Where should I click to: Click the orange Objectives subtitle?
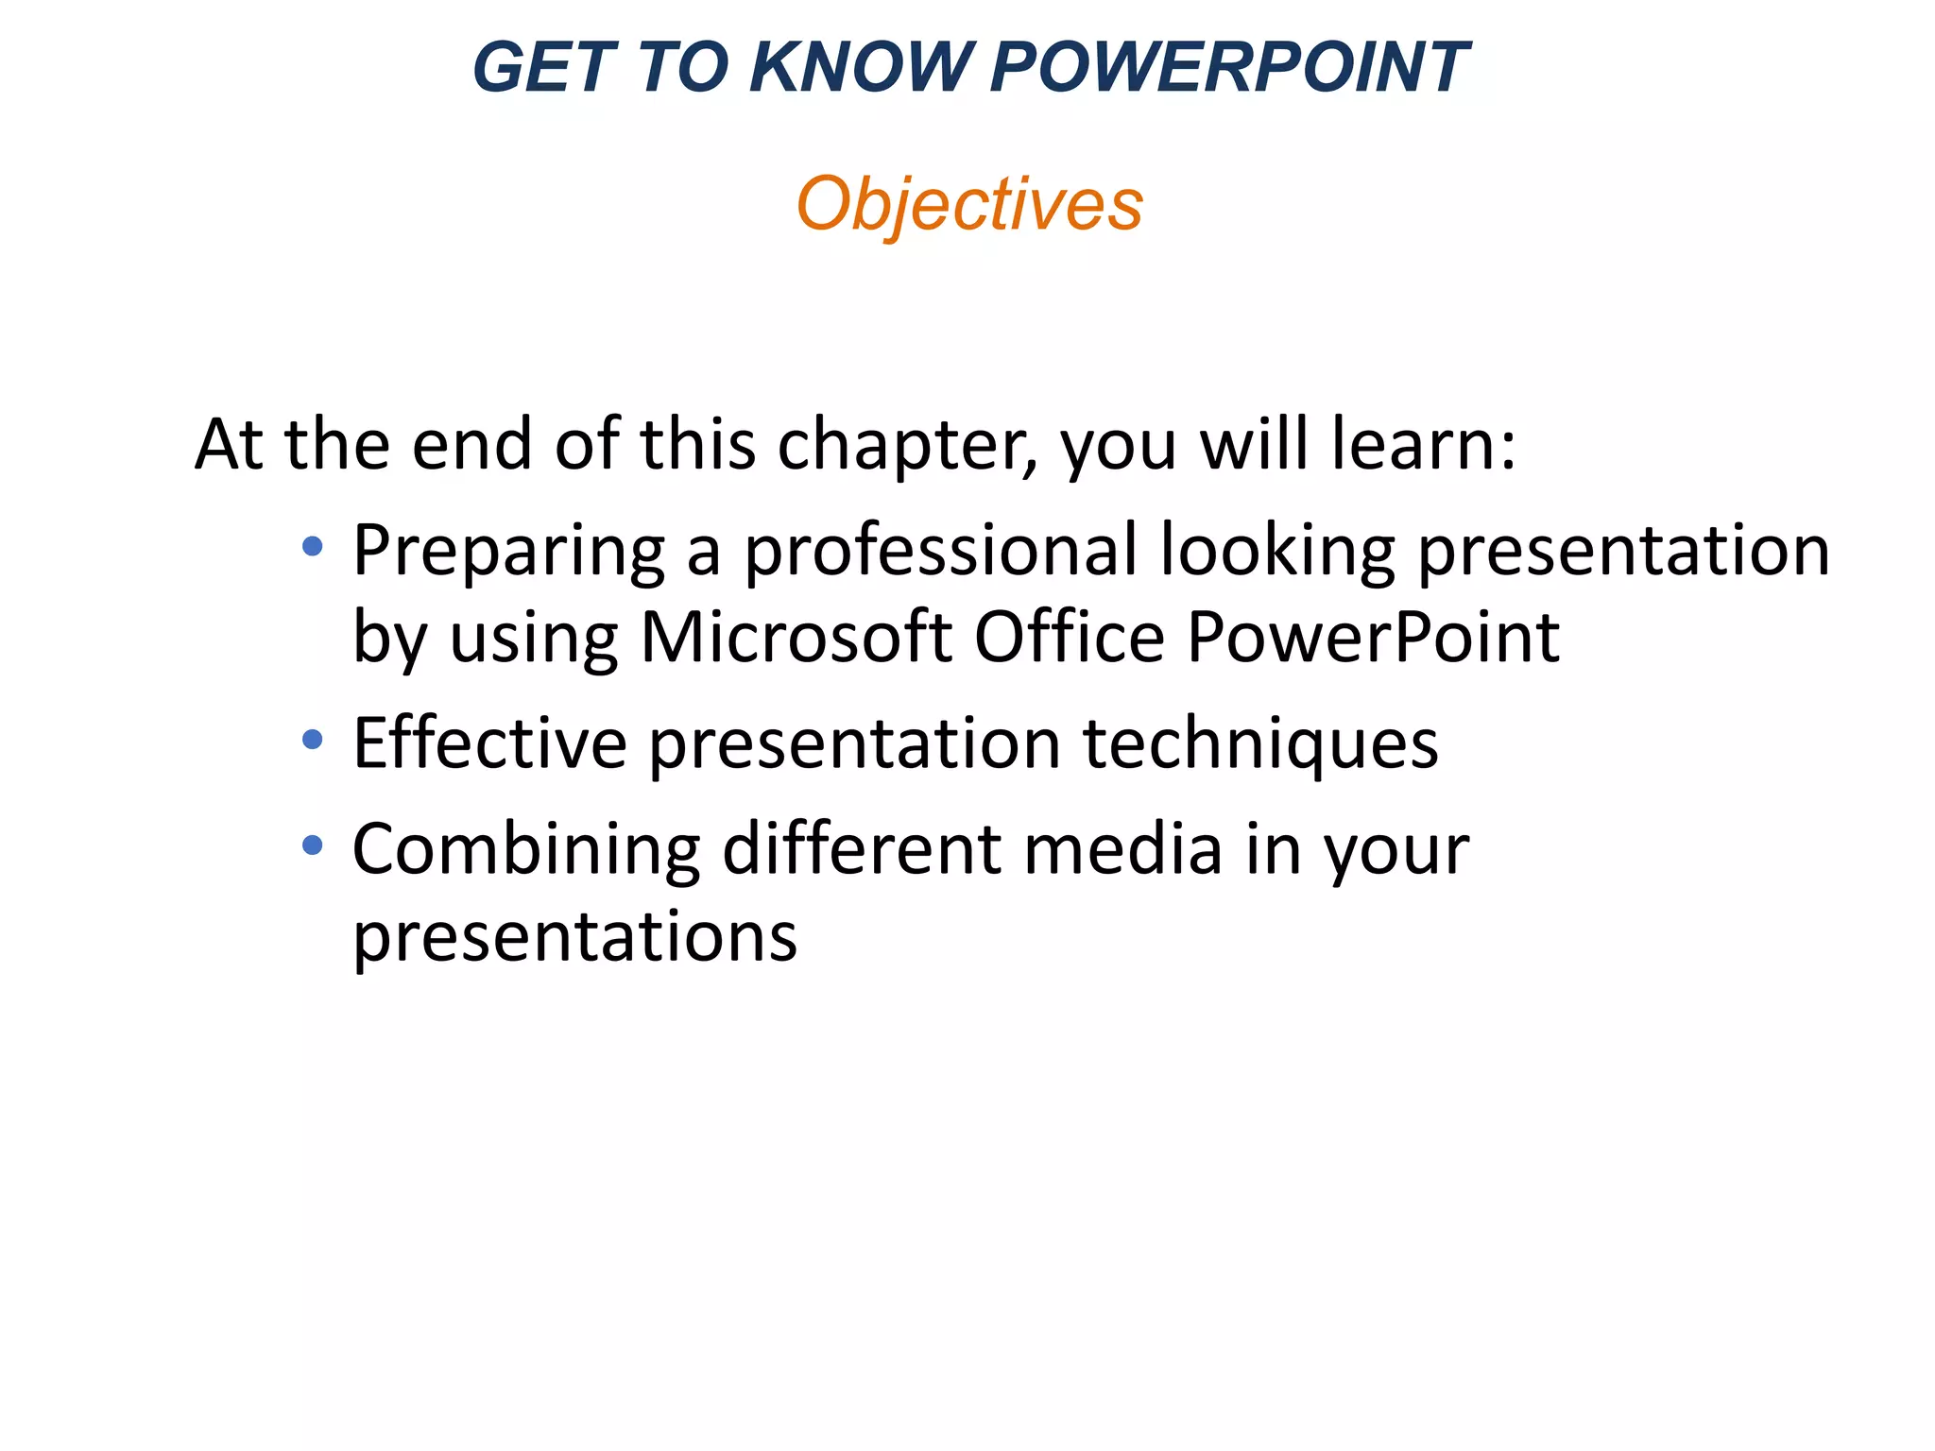point(969,204)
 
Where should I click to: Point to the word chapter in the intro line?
point(905,446)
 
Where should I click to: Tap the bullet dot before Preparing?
point(313,546)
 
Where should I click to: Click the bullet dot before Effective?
point(313,740)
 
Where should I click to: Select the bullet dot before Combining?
point(313,845)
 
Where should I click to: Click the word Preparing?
point(508,553)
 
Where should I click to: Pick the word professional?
point(940,551)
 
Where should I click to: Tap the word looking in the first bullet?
point(1277,553)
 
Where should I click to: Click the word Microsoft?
point(796,638)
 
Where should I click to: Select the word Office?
point(1070,638)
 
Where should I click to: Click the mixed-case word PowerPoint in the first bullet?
point(1372,638)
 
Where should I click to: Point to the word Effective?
point(489,743)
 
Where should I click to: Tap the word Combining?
point(525,850)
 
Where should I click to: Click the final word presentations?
point(574,938)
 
